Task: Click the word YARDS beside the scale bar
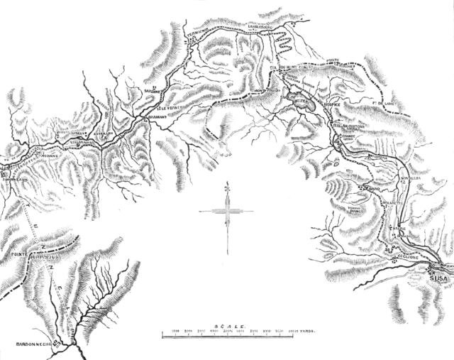(x=307, y=330)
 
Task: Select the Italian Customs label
(x=348, y=125)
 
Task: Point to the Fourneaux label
(x=14, y=179)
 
